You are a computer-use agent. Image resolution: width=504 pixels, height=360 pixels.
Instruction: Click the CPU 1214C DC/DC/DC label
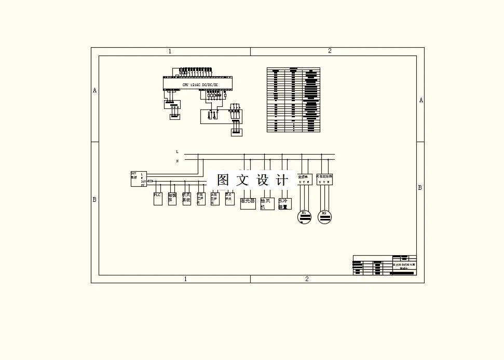[200, 85]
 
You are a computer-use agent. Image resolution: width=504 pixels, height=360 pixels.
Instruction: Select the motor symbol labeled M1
[304, 216]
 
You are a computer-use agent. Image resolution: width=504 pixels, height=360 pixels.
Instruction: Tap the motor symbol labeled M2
[324, 216]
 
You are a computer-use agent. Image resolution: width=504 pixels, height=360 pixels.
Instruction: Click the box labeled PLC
[158, 198]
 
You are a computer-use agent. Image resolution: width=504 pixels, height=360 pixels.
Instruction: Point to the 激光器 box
[248, 203]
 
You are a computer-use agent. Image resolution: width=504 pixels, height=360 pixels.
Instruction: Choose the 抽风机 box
[267, 203]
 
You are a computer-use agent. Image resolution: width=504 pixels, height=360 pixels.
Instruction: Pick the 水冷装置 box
[284, 203]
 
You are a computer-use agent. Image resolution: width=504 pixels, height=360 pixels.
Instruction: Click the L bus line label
[177, 152]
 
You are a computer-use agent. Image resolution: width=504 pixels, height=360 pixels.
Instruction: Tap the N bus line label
[177, 161]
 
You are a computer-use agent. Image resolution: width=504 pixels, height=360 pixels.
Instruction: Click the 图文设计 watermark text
[252, 180]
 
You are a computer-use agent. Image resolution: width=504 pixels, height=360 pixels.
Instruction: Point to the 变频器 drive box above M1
[304, 179]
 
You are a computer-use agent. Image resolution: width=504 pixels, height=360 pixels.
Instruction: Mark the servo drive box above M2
[324, 179]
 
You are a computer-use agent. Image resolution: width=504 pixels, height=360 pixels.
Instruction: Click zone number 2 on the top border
[330, 51]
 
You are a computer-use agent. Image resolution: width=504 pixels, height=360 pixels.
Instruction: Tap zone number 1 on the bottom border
[185, 279]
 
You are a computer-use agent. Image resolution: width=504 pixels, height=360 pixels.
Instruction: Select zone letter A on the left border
[94, 90]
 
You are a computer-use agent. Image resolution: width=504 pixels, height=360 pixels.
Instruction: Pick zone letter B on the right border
[420, 188]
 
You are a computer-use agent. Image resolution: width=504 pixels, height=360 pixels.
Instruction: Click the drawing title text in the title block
[404, 266]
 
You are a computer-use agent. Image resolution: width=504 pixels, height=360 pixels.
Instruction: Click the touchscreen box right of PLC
[172, 198]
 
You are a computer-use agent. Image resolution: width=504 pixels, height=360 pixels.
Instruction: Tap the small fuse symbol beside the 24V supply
[150, 181]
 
